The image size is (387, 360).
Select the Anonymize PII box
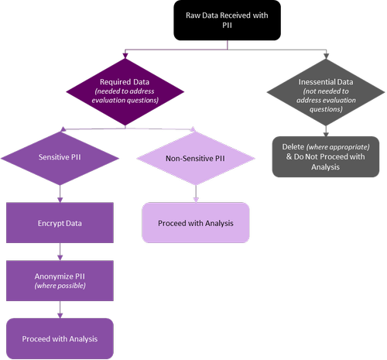point(60,280)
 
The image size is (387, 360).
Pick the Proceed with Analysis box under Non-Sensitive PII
point(195,223)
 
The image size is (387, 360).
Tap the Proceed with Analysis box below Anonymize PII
point(60,338)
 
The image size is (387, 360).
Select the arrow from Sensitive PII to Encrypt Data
point(60,194)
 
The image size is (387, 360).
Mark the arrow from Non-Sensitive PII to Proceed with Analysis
point(195,194)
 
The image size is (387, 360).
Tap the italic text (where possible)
point(60,286)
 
